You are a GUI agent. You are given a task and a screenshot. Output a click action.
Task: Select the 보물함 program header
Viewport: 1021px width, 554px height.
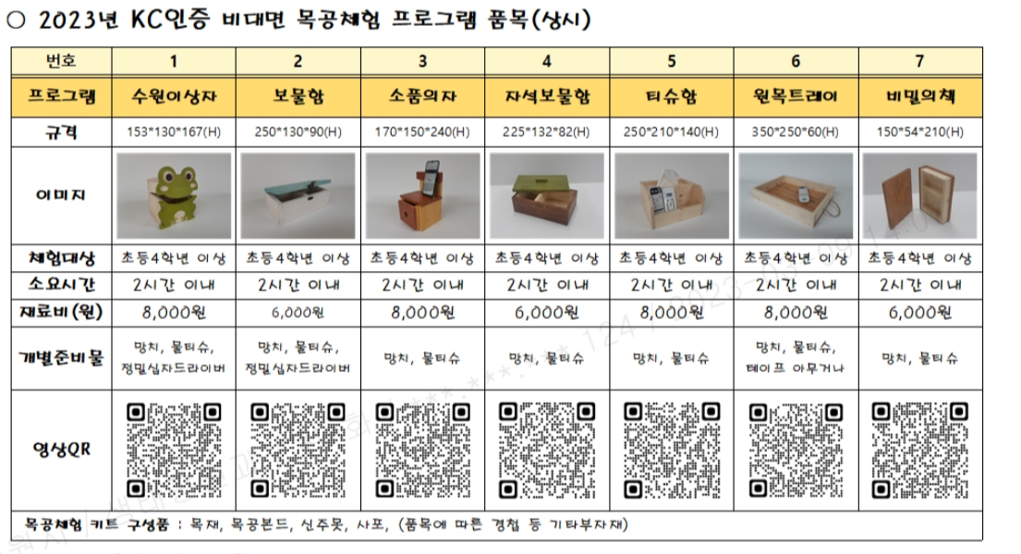298,97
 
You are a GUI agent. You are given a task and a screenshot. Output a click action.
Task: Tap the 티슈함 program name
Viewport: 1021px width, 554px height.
672,97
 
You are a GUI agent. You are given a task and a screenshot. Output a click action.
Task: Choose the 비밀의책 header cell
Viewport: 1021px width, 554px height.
919,97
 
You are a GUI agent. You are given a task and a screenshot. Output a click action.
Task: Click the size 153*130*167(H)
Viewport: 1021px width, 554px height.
174,132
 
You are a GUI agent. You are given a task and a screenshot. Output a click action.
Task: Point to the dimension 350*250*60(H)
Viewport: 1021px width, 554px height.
796,132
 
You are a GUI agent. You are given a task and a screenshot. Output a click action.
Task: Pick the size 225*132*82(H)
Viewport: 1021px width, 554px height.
548,132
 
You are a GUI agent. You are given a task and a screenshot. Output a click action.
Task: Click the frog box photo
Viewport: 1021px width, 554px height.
174,196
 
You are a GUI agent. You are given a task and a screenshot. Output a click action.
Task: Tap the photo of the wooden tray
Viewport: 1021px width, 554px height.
796,196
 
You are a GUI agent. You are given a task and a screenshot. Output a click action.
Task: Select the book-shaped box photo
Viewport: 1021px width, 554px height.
919,196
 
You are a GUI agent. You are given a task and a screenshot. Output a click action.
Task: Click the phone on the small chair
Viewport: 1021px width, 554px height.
431,174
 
